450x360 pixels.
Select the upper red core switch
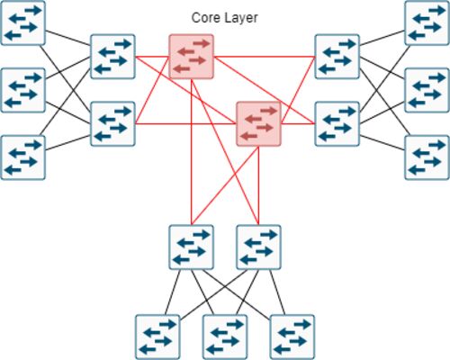(x=192, y=57)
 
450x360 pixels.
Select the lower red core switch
(x=258, y=124)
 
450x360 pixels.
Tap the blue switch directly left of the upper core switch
(x=112, y=57)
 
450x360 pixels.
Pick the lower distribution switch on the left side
(x=112, y=124)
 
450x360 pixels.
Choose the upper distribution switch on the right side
(x=337, y=57)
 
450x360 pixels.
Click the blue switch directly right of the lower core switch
(x=337, y=124)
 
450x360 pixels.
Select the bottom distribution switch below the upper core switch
(x=192, y=247)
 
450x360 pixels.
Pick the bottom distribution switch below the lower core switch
(x=258, y=247)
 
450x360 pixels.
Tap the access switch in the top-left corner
(x=23, y=23)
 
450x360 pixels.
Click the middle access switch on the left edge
(x=23, y=90)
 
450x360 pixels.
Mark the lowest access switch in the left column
(x=23, y=157)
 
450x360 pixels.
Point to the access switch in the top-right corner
(x=427, y=23)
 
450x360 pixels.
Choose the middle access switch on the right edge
(x=427, y=90)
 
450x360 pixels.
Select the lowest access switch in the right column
(x=427, y=157)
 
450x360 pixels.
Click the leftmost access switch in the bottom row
(x=157, y=337)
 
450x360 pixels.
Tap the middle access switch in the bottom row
(x=225, y=337)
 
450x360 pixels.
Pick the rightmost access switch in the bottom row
(x=292, y=337)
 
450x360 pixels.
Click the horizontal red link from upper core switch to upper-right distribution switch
(x=265, y=57)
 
